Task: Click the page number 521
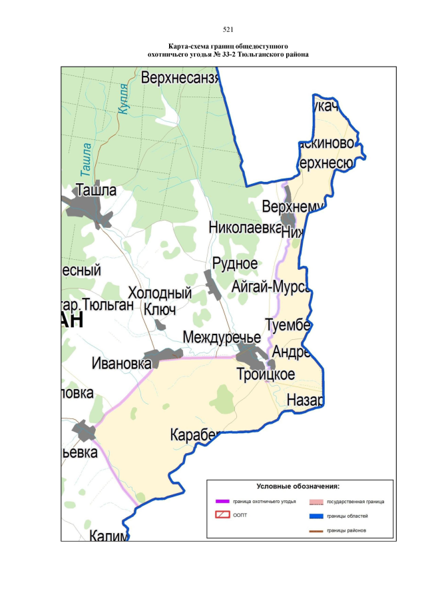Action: pyautogui.click(x=228, y=30)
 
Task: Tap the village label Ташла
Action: pyautogui.click(x=97, y=190)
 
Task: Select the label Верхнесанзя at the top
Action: pyautogui.click(x=180, y=79)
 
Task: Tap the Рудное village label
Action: pyautogui.click(x=235, y=263)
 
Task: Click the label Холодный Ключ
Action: pyautogui.click(x=160, y=301)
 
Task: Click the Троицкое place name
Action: pyautogui.click(x=266, y=374)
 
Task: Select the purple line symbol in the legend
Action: pyautogui.click(x=222, y=500)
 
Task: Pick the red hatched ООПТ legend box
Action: pyautogui.click(x=222, y=515)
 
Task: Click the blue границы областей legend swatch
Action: pyautogui.click(x=316, y=516)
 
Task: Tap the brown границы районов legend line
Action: pyautogui.click(x=316, y=530)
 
